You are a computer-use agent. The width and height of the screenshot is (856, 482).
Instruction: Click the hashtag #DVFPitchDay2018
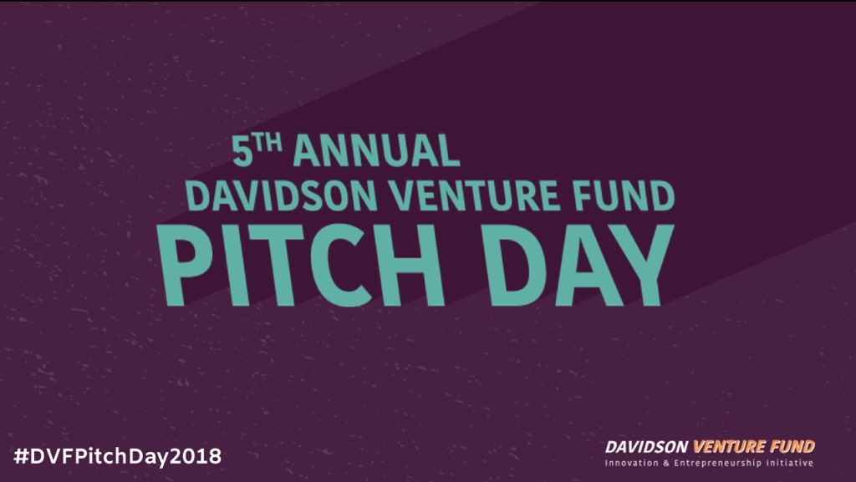[x=117, y=457]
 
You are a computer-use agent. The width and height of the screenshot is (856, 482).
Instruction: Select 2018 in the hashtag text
[x=201, y=457]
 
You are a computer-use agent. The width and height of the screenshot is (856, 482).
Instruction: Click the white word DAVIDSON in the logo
[x=647, y=447]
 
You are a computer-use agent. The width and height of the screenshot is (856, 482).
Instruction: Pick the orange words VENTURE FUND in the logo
[x=753, y=447]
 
